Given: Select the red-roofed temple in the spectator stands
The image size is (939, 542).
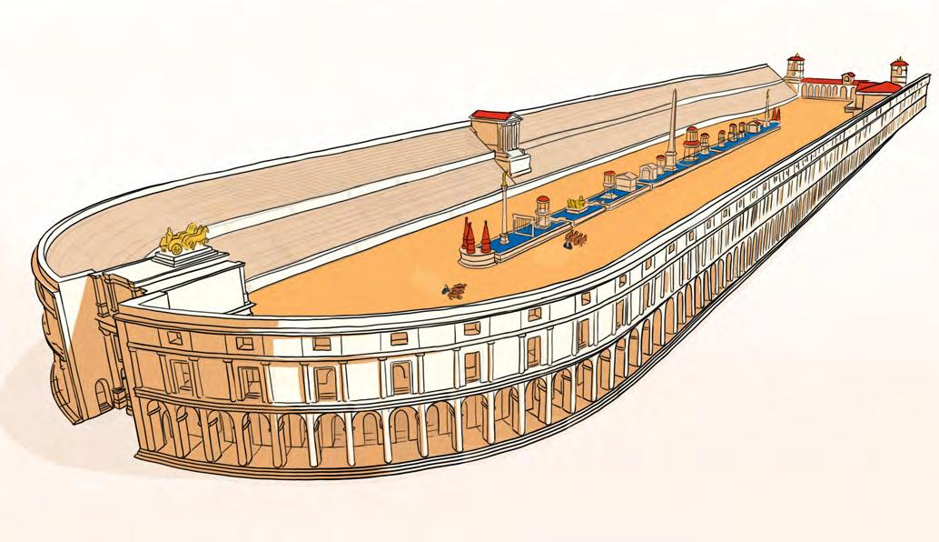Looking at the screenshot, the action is pos(495,132).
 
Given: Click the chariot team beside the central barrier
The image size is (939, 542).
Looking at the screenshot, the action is pos(575,240).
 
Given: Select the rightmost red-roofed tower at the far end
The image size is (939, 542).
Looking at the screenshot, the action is pos(899,70).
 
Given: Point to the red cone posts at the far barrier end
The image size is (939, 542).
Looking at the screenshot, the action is pos(775,114).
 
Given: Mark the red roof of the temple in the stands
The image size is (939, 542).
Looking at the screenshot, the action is pos(494,115).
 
